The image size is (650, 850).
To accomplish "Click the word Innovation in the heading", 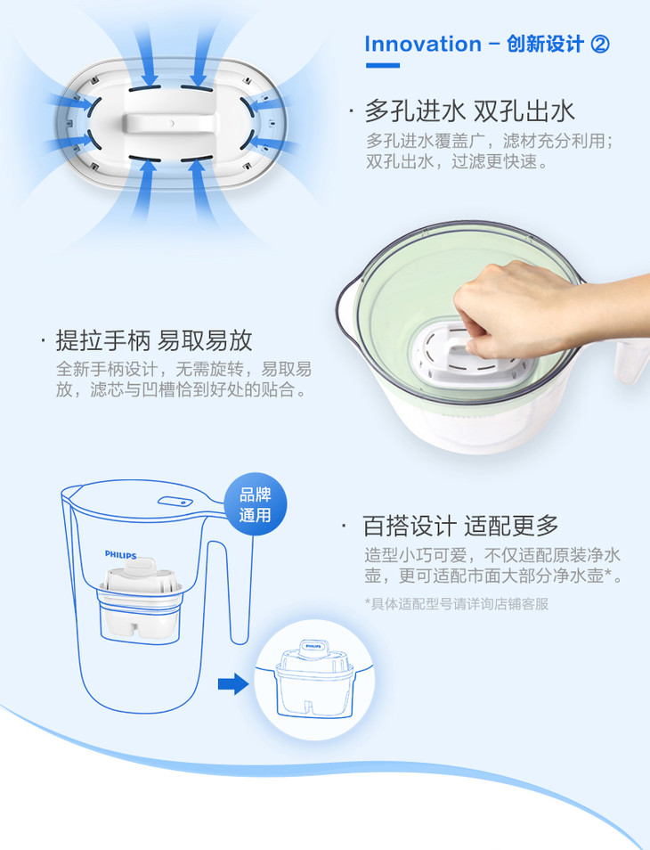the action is (422, 44).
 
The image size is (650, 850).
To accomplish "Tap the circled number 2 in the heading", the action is (599, 44).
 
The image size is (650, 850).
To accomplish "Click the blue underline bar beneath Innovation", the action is (382, 66).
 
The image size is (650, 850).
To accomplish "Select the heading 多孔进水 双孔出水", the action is (469, 110).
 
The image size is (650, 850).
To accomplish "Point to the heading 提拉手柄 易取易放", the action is (154, 340).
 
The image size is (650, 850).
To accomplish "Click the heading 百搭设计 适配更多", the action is (460, 526).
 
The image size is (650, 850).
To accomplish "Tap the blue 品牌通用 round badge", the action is (256, 504).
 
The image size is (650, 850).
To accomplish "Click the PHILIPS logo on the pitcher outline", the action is (121, 554).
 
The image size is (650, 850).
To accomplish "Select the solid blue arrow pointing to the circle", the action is (233, 683).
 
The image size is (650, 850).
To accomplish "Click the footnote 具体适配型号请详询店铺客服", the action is (457, 603).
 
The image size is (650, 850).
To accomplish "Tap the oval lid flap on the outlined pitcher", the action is (175, 501).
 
